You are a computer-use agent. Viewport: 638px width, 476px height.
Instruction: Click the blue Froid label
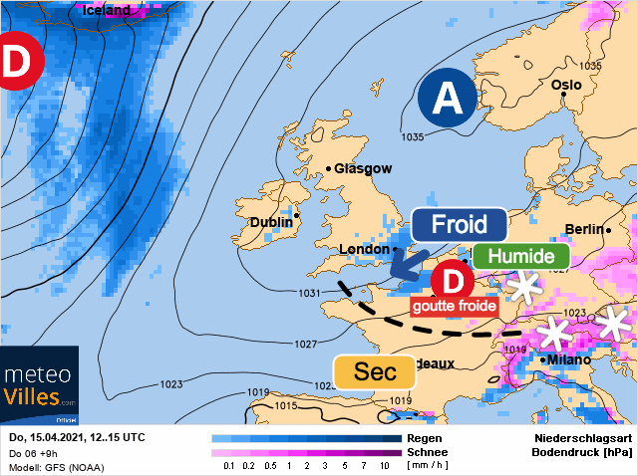click(x=459, y=224)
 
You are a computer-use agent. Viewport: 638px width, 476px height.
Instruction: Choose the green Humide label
click(x=513, y=256)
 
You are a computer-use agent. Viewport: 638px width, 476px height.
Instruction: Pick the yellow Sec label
click(x=376, y=372)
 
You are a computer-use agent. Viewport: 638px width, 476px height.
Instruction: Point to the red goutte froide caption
click(x=454, y=307)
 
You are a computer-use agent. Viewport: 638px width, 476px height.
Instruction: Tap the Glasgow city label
click(x=363, y=169)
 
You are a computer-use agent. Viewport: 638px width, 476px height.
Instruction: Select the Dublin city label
click(x=271, y=222)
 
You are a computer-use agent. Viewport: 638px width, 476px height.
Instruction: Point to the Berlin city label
click(x=584, y=229)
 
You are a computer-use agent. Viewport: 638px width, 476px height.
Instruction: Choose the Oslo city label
click(x=565, y=86)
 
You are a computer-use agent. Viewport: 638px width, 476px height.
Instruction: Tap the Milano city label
click(x=565, y=359)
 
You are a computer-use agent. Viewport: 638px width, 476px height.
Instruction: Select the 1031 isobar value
click(x=310, y=293)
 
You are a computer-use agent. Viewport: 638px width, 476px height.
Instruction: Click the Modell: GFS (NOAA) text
click(x=56, y=467)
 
